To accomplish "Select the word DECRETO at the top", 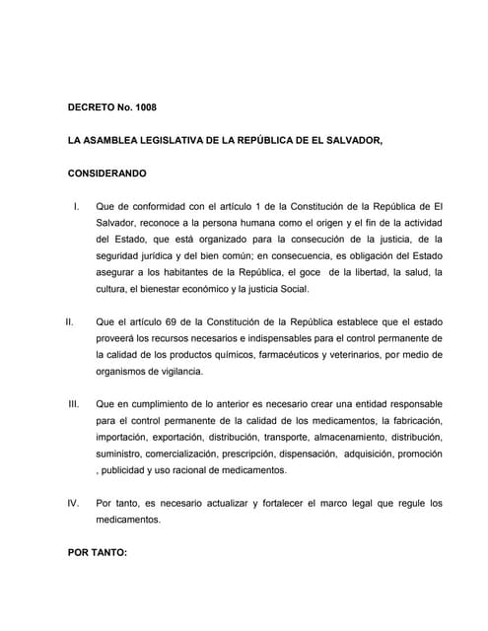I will [91, 107].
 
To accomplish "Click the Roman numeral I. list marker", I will [77, 206].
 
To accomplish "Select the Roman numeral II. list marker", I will [70, 321].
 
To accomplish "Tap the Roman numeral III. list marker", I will [73, 404].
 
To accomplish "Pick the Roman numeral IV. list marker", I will [73, 504].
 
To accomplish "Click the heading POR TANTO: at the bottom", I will [98, 553].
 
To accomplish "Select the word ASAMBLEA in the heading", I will [105, 141].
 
